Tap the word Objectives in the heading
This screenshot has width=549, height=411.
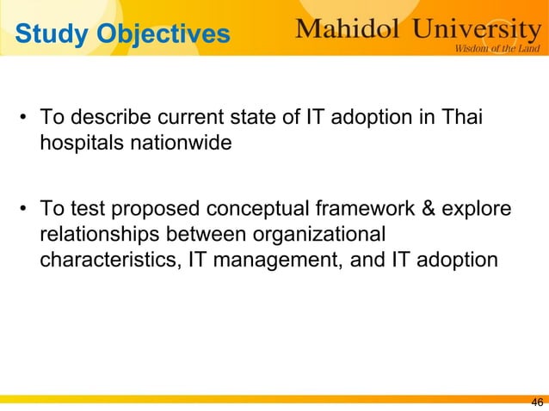(x=163, y=34)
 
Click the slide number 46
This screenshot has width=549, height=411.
(x=537, y=402)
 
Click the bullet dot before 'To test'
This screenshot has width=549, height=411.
(x=26, y=211)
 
